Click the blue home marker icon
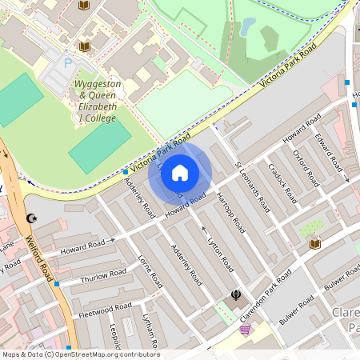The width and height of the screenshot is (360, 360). pyautogui.click(x=180, y=172)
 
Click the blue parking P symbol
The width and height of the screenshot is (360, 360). pyautogui.click(x=68, y=62)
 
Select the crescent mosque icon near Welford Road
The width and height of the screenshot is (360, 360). pyautogui.click(x=32, y=218)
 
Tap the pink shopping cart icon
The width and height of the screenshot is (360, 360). pyautogui.click(x=245, y=330)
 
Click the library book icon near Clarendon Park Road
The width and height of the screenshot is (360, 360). pyautogui.click(x=315, y=243)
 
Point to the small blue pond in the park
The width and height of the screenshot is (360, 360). pyautogui.click(x=249, y=26)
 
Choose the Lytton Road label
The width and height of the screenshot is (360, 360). pyautogui.click(x=220, y=254)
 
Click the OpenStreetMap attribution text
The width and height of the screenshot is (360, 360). pyautogui.click(x=80, y=354)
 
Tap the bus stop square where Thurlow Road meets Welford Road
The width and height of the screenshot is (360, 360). pyautogui.click(x=56, y=283)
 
